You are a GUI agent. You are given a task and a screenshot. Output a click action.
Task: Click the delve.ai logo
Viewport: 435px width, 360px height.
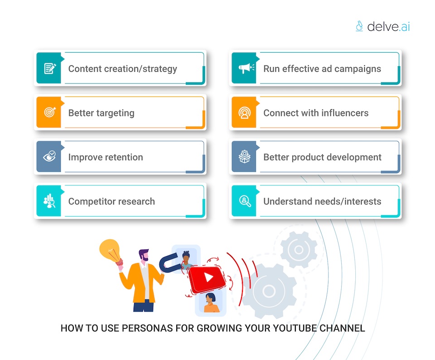click(x=382, y=26)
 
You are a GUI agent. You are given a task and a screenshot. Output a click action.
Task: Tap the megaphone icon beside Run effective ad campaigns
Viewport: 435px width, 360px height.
click(x=245, y=68)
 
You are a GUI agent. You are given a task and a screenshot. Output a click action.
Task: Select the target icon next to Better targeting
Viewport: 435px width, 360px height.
click(x=49, y=112)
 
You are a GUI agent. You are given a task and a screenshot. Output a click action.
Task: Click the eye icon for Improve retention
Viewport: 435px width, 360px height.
click(x=49, y=157)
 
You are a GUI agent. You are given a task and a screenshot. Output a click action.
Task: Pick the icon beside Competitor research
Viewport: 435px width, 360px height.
click(x=49, y=201)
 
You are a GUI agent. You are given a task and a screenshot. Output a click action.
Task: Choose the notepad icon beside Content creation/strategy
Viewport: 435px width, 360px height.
click(x=49, y=68)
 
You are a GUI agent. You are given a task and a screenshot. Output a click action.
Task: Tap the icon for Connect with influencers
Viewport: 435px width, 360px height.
click(x=245, y=112)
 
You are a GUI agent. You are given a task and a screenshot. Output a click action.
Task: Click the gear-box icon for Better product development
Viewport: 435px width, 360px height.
click(x=245, y=157)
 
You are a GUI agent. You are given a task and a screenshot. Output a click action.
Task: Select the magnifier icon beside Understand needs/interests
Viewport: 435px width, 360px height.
click(x=245, y=201)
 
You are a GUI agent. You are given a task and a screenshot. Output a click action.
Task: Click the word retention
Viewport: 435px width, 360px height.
click(x=124, y=157)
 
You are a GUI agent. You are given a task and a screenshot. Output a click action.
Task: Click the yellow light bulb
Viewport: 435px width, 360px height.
click(x=110, y=251)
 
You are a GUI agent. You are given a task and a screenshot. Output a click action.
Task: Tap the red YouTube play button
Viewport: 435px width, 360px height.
click(x=207, y=277)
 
